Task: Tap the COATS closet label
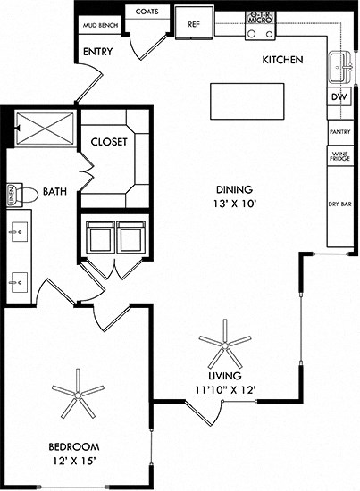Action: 148,12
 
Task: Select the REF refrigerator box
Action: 194,24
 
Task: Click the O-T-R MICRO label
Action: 259,17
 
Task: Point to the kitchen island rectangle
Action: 247,100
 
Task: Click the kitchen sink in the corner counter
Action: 340,65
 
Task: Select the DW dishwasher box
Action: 339,97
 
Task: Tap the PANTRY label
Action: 339,131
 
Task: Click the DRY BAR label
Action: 339,204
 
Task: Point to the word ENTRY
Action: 96,52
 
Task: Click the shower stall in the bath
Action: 44,129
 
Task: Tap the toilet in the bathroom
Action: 24,193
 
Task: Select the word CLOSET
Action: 109,142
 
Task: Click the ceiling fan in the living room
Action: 225,342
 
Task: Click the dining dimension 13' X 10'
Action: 235,204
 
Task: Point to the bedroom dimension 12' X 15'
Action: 74,461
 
